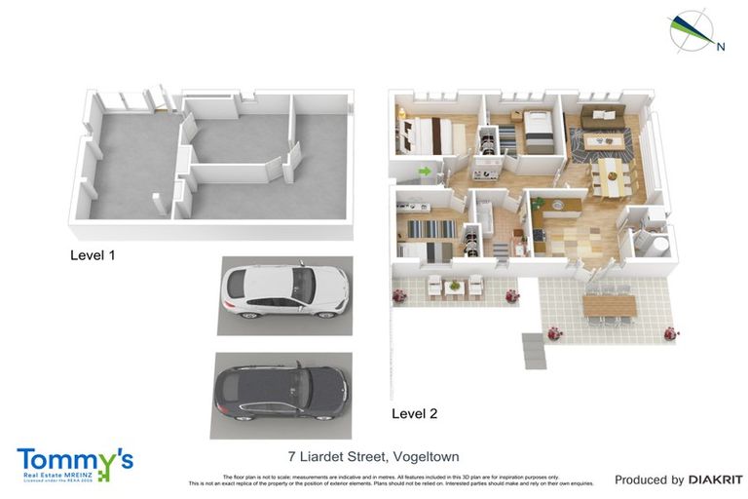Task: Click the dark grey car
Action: pyautogui.click(x=281, y=395)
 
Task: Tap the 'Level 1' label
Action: pyautogui.click(x=93, y=255)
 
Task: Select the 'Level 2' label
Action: pyautogui.click(x=414, y=413)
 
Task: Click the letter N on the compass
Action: pyautogui.click(x=721, y=45)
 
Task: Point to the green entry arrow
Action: pyautogui.click(x=425, y=173)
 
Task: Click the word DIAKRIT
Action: pyautogui.click(x=716, y=480)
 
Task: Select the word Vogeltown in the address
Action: pyautogui.click(x=423, y=456)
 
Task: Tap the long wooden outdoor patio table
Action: pyautogui.click(x=609, y=305)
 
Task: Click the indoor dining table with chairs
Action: pyautogui.click(x=611, y=176)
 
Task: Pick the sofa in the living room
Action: pyautogui.click(x=601, y=119)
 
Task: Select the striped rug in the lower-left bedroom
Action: pyautogui.click(x=430, y=229)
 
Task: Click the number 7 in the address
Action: pyautogui.click(x=292, y=456)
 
